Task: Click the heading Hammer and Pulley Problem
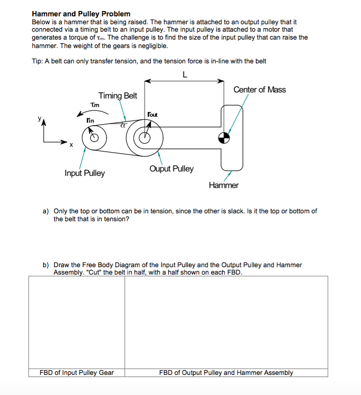[81, 13]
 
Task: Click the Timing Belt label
[117, 96]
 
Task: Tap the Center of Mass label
[259, 89]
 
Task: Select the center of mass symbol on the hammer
[225, 138]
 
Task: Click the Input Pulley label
[84, 173]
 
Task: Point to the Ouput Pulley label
[171, 169]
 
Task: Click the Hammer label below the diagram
[223, 185]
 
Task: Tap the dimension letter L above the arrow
[184, 74]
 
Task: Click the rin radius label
[91, 121]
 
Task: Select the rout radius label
[152, 114]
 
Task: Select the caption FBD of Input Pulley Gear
[77, 372]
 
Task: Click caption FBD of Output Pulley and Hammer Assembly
[226, 372]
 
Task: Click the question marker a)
[45, 211]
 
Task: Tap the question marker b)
[45, 265]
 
